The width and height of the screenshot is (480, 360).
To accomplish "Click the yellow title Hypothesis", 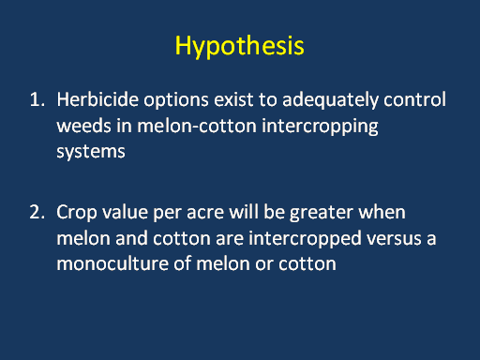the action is click(239, 46).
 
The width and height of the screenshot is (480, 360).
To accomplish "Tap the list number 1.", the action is click(37, 100).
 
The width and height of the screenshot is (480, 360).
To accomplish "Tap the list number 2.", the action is click(37, 212).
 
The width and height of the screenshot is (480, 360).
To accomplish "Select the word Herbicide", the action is click(97, 99).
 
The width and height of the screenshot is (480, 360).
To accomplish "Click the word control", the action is click(414, 99).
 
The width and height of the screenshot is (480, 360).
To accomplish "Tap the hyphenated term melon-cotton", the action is click(197, 126).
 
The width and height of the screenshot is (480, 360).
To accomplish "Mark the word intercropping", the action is click(320, 127).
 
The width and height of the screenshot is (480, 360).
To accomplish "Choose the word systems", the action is click(91, 152).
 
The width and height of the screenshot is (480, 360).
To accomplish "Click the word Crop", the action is click(77, 214).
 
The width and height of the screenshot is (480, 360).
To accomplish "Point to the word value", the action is click(125, 212).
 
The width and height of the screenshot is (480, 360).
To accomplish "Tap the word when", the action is click(382, 212).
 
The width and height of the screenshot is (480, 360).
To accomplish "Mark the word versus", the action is click(395, 239).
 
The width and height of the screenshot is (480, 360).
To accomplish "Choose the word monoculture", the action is click(112, 263).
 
